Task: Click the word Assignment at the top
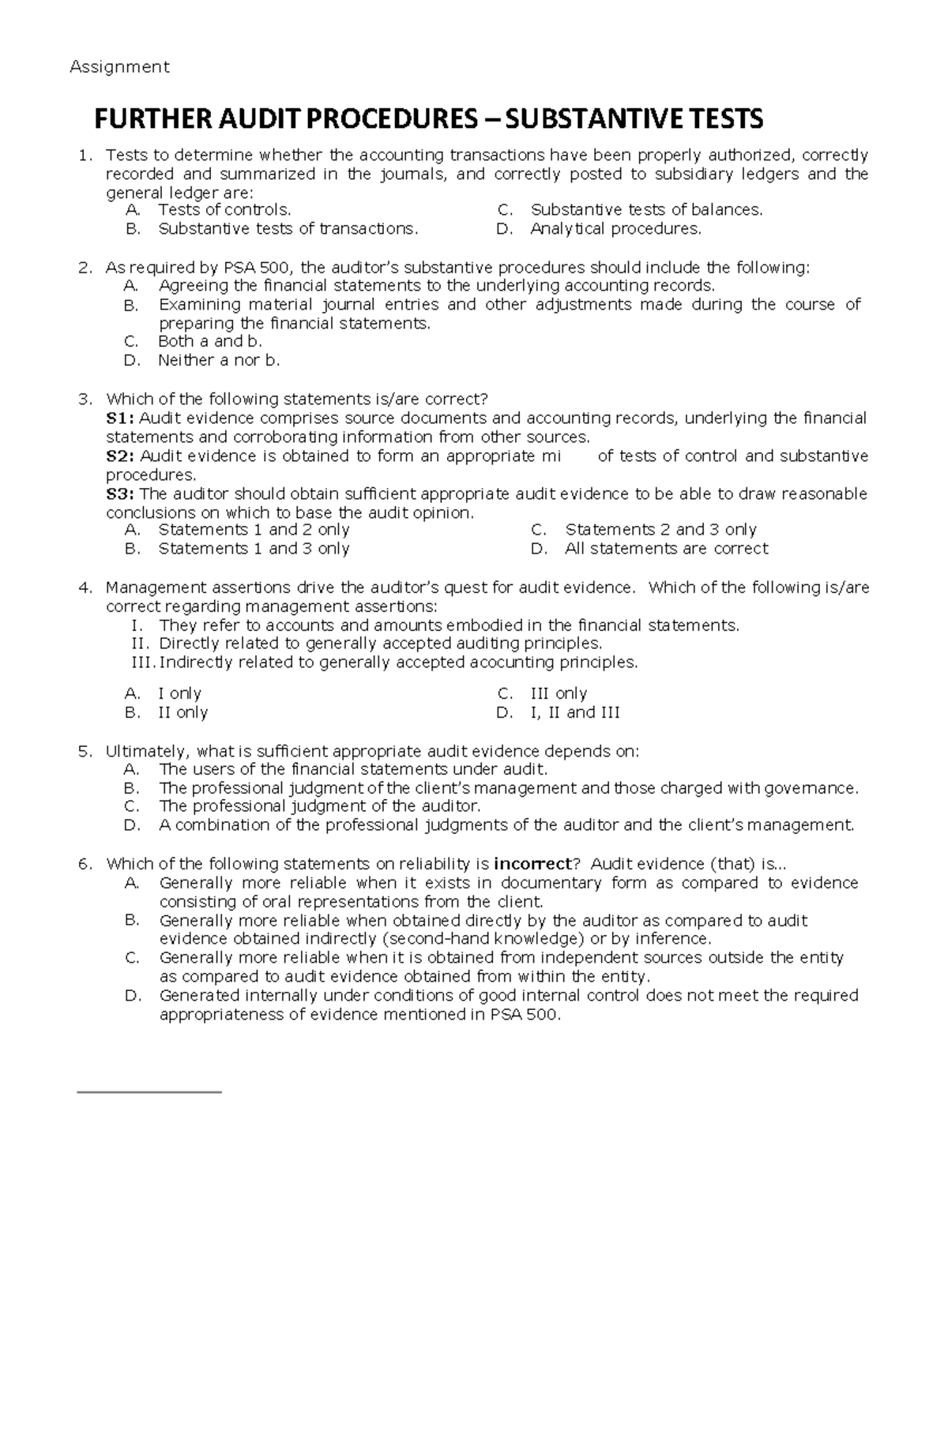(x=119, y=67)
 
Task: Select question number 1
(x=85, y=155)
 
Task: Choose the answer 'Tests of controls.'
(x=224, y=210)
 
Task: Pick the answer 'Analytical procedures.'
(x=615, y=229)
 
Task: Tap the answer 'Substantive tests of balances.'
(x=646, y=210)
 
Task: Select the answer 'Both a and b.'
(x=209, y=341)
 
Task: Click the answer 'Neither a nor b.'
(x=219, y=360)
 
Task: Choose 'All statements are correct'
(x=666, y=549)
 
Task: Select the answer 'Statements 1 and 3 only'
(x=254, y=549)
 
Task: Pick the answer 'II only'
(x=182, y=712)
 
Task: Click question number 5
(x=85, y=751)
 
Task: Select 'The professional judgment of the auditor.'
(x=319, y=806)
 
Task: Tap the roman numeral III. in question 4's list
(x=142, y=663)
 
